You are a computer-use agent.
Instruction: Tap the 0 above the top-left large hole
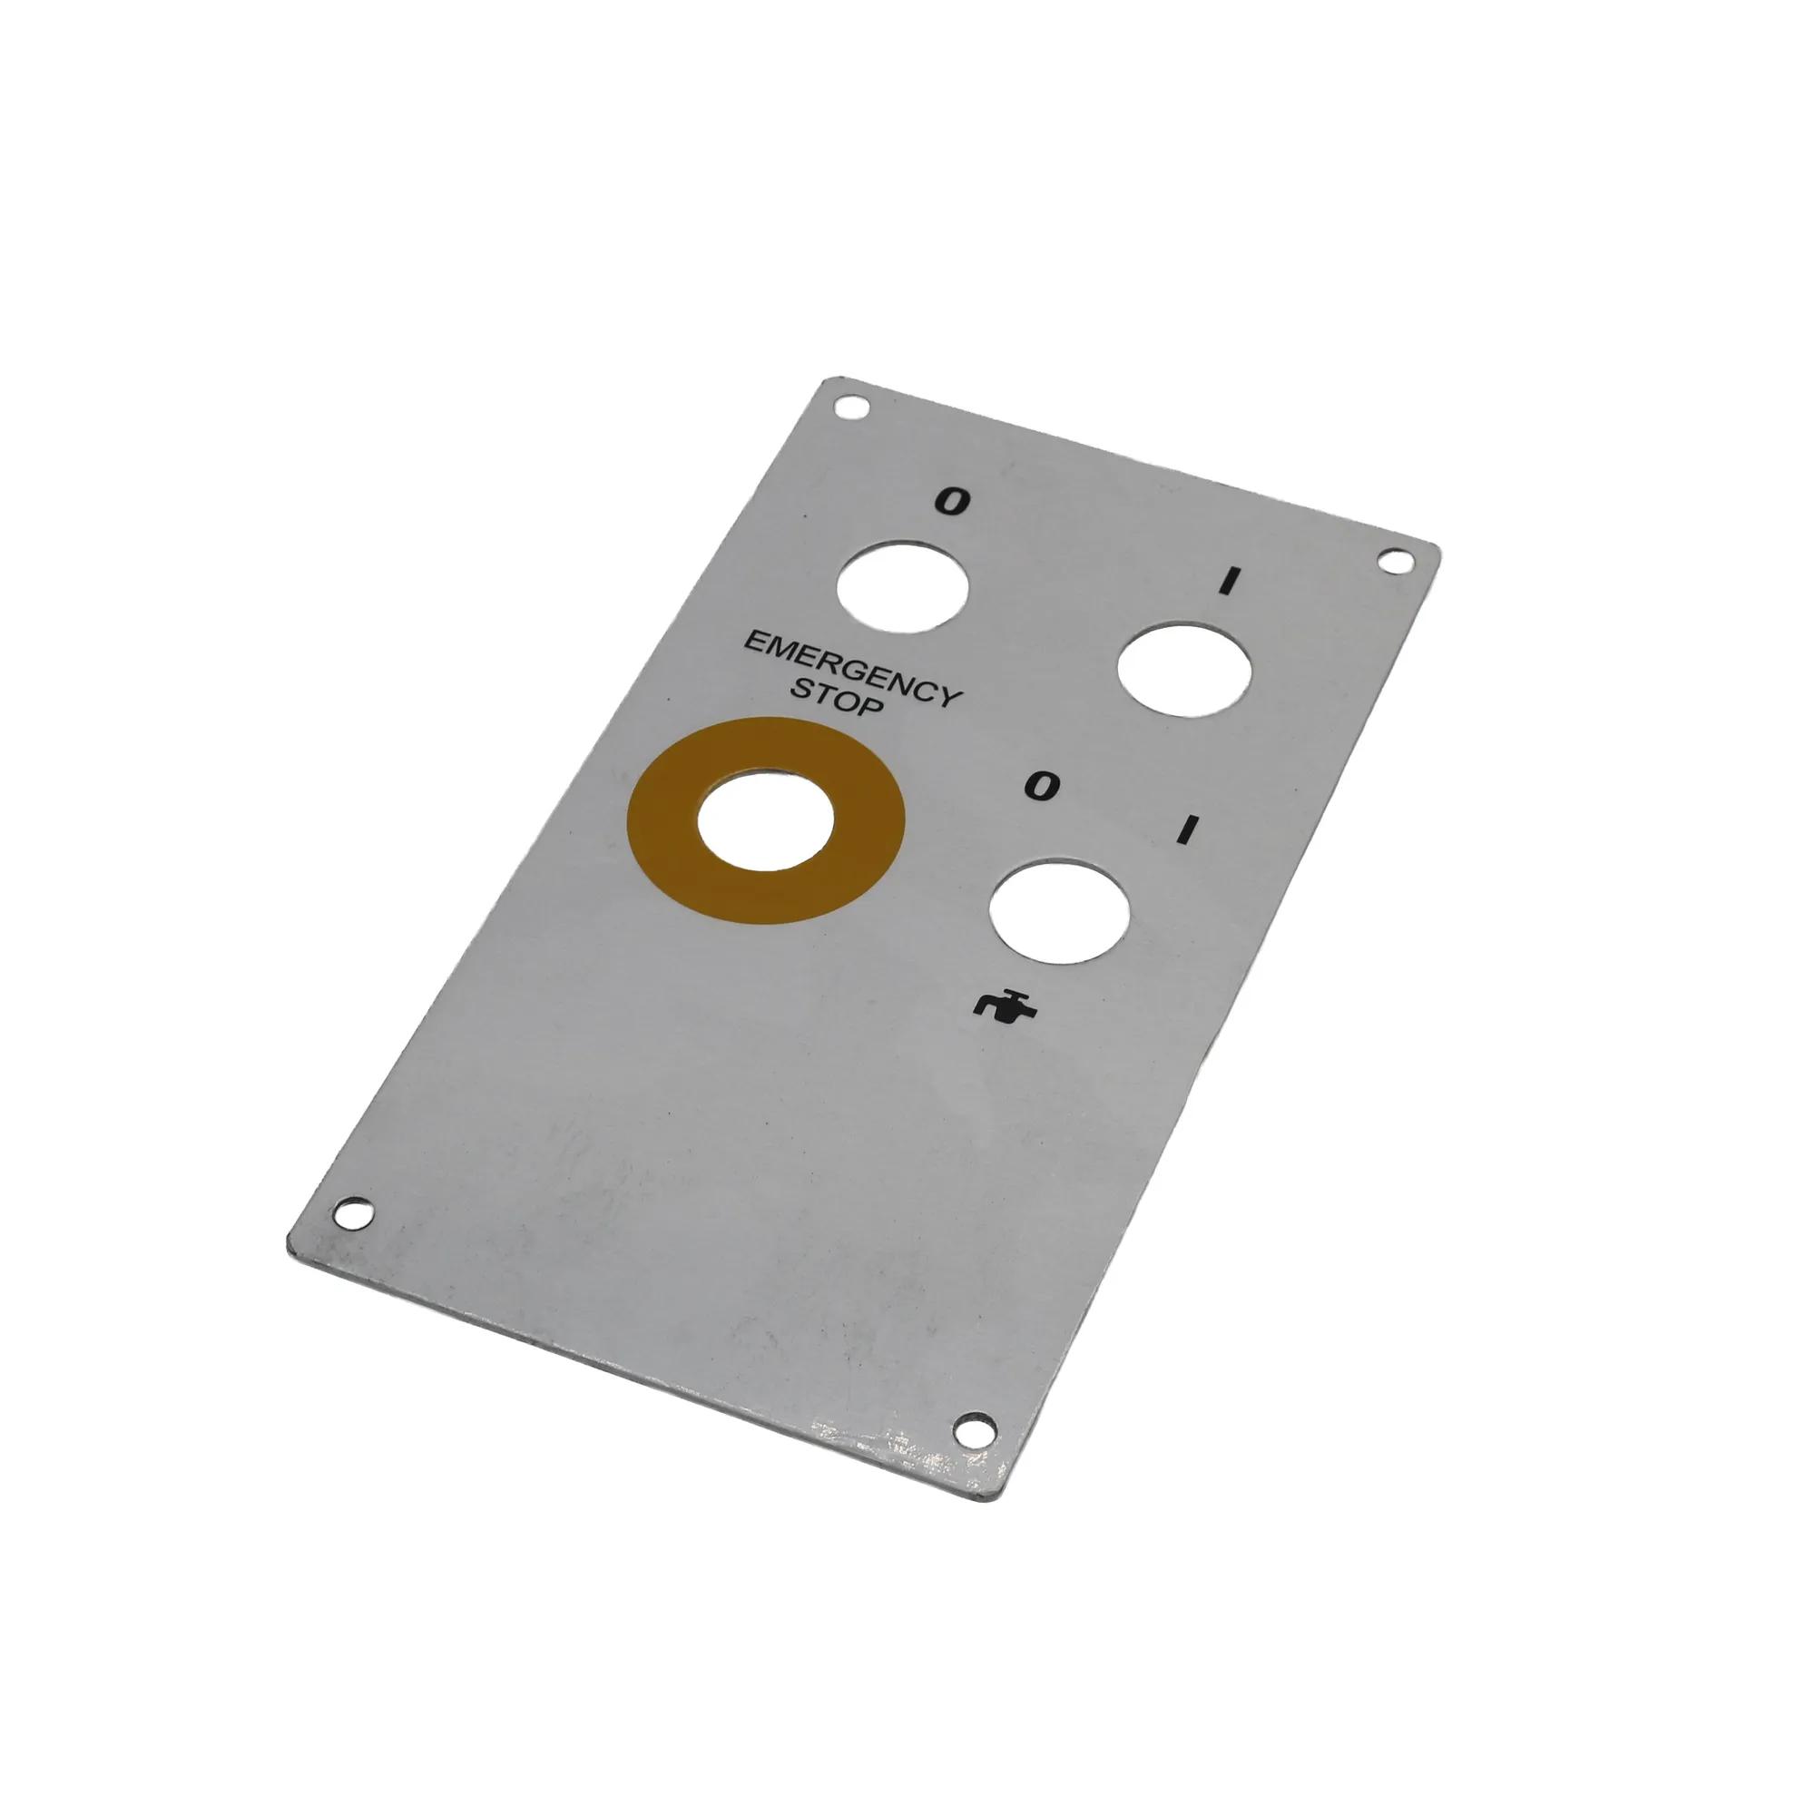(x=952, y=504)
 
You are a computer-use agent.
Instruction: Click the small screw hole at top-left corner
(x=850, y=408)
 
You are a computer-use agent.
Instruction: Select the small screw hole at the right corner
(x=1394, y=563)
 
